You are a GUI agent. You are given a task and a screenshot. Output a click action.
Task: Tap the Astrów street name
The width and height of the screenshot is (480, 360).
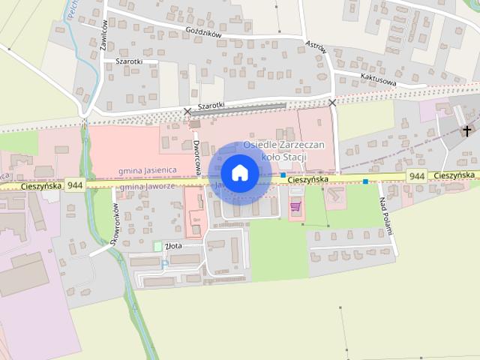click(x=316, y=48)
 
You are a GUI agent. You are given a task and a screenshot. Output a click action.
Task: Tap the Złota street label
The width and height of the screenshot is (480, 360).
click(x=174, y=245)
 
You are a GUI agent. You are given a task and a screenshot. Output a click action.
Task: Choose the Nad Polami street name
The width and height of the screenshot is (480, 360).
click(x=386, y=216)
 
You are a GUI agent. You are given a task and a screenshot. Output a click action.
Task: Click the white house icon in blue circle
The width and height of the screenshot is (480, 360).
click(x=239, y=173)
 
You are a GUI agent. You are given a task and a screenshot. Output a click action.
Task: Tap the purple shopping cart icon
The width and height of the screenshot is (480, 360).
click(x=295, y=205)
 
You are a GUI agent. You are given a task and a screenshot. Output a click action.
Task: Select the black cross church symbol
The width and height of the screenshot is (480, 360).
click(x=466, y=131)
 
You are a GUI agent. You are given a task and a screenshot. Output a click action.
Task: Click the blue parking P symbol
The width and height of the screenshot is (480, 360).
click(x=164, y=264)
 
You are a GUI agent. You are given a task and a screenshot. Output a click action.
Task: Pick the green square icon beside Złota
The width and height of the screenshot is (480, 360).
click(x=157, y=246)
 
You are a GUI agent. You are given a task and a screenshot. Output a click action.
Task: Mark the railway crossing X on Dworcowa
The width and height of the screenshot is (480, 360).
click(x=187, y=112)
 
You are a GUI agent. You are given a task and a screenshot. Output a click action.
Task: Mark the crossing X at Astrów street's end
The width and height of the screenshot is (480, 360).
click(x=332, y=102)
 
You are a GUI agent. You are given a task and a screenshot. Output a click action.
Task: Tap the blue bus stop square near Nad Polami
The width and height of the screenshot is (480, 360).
click(x=365, y=181)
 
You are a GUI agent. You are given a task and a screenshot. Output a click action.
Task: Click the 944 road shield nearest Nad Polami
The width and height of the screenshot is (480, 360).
click(x=418, y=175)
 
